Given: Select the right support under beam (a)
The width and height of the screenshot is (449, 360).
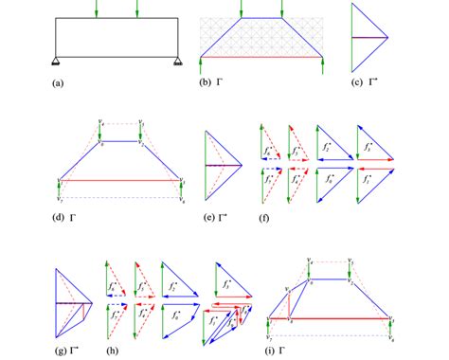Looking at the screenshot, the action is [178, 61].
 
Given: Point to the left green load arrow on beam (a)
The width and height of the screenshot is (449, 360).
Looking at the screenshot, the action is [97, 8].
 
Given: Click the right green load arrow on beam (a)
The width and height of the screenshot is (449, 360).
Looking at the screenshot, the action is [138, 8].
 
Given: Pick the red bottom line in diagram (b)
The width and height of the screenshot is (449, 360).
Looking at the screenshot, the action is [263, 57].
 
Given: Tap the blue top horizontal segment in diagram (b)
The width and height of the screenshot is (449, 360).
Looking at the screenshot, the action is [262, 17].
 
